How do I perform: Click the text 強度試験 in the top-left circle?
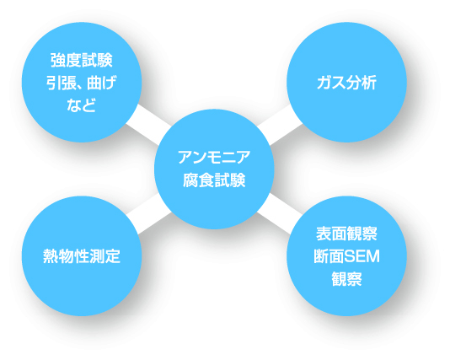pyautogui.click(x=82, y=61)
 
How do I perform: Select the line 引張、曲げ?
pyautogui.click(x=82, y=83)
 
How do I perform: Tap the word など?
pyautogui.click(x=81, y=105)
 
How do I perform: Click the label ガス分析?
pyautogui.click(x=346, y=83)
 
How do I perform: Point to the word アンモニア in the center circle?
pyautogui.click(x=214, y=158)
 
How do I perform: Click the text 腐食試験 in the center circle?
pyautogui.click(x=214, y=180)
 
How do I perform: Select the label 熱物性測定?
pyautogui.click(x=82, y=256)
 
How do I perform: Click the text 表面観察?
pyautogui.click(x=346, y=234)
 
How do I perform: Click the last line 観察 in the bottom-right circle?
pyautogui.click(x=346, y=279)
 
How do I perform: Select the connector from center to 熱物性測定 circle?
pyautogui.click(x=148, y=213)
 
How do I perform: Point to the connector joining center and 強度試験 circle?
pyautogui.click(x=148, y=125)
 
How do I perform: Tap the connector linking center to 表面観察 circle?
pyautogui.click(x=280, y=213)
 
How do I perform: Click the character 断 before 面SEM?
pyautogui.click(x=321, y=256)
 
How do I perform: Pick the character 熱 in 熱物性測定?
pyautogui.click(x=51, y=256)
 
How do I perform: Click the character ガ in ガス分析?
pyautogui.click(x=324, y=83)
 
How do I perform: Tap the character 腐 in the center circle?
pyautogui.click(x=190, y=180)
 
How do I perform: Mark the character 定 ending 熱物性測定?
pyautogui.click(x=113, y=256)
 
